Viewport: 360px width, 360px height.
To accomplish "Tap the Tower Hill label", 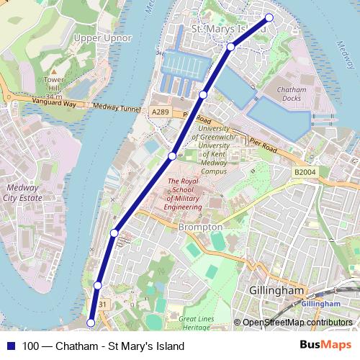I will coord(53,84).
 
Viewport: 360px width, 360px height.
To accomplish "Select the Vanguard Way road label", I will coord(54,104).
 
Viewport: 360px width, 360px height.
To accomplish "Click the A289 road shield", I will coord(160,112).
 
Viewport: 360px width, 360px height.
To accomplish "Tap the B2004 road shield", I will coord(305,172).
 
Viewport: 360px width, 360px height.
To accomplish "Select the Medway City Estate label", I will coord(22,192).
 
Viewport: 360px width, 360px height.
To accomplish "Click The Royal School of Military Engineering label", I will coord(184,194).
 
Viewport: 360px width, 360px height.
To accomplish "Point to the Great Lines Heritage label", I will coord(197,323).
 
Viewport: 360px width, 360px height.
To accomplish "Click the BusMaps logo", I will coord(325,346).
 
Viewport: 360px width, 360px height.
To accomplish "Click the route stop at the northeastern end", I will coord(269,17).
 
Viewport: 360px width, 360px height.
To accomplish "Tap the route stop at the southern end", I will coord(91,323).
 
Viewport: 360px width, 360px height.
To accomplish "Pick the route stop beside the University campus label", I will coord(173,156).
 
